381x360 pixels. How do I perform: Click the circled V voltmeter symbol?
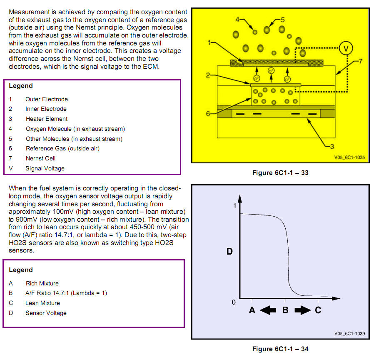(345, 49)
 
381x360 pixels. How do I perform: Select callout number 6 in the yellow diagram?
(208, 113)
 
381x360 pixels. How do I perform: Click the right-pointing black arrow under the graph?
(302, 310)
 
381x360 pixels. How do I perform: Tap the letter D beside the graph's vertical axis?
(229, 252)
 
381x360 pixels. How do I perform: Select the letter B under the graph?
(285, 310)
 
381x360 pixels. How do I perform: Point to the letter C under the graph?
(318, 310)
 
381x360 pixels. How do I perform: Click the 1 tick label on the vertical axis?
(235, 205)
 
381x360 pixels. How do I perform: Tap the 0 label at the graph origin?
(234, 302)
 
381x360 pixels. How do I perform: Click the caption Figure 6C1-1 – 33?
(280, 172)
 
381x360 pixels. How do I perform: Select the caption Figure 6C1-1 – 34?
(280, 349)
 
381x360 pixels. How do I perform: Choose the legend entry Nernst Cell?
(40, 158)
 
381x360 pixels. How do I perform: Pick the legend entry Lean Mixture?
(42, 303)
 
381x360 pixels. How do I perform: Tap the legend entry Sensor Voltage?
(46, 313)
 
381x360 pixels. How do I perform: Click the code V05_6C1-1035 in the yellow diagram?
(349, 158)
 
